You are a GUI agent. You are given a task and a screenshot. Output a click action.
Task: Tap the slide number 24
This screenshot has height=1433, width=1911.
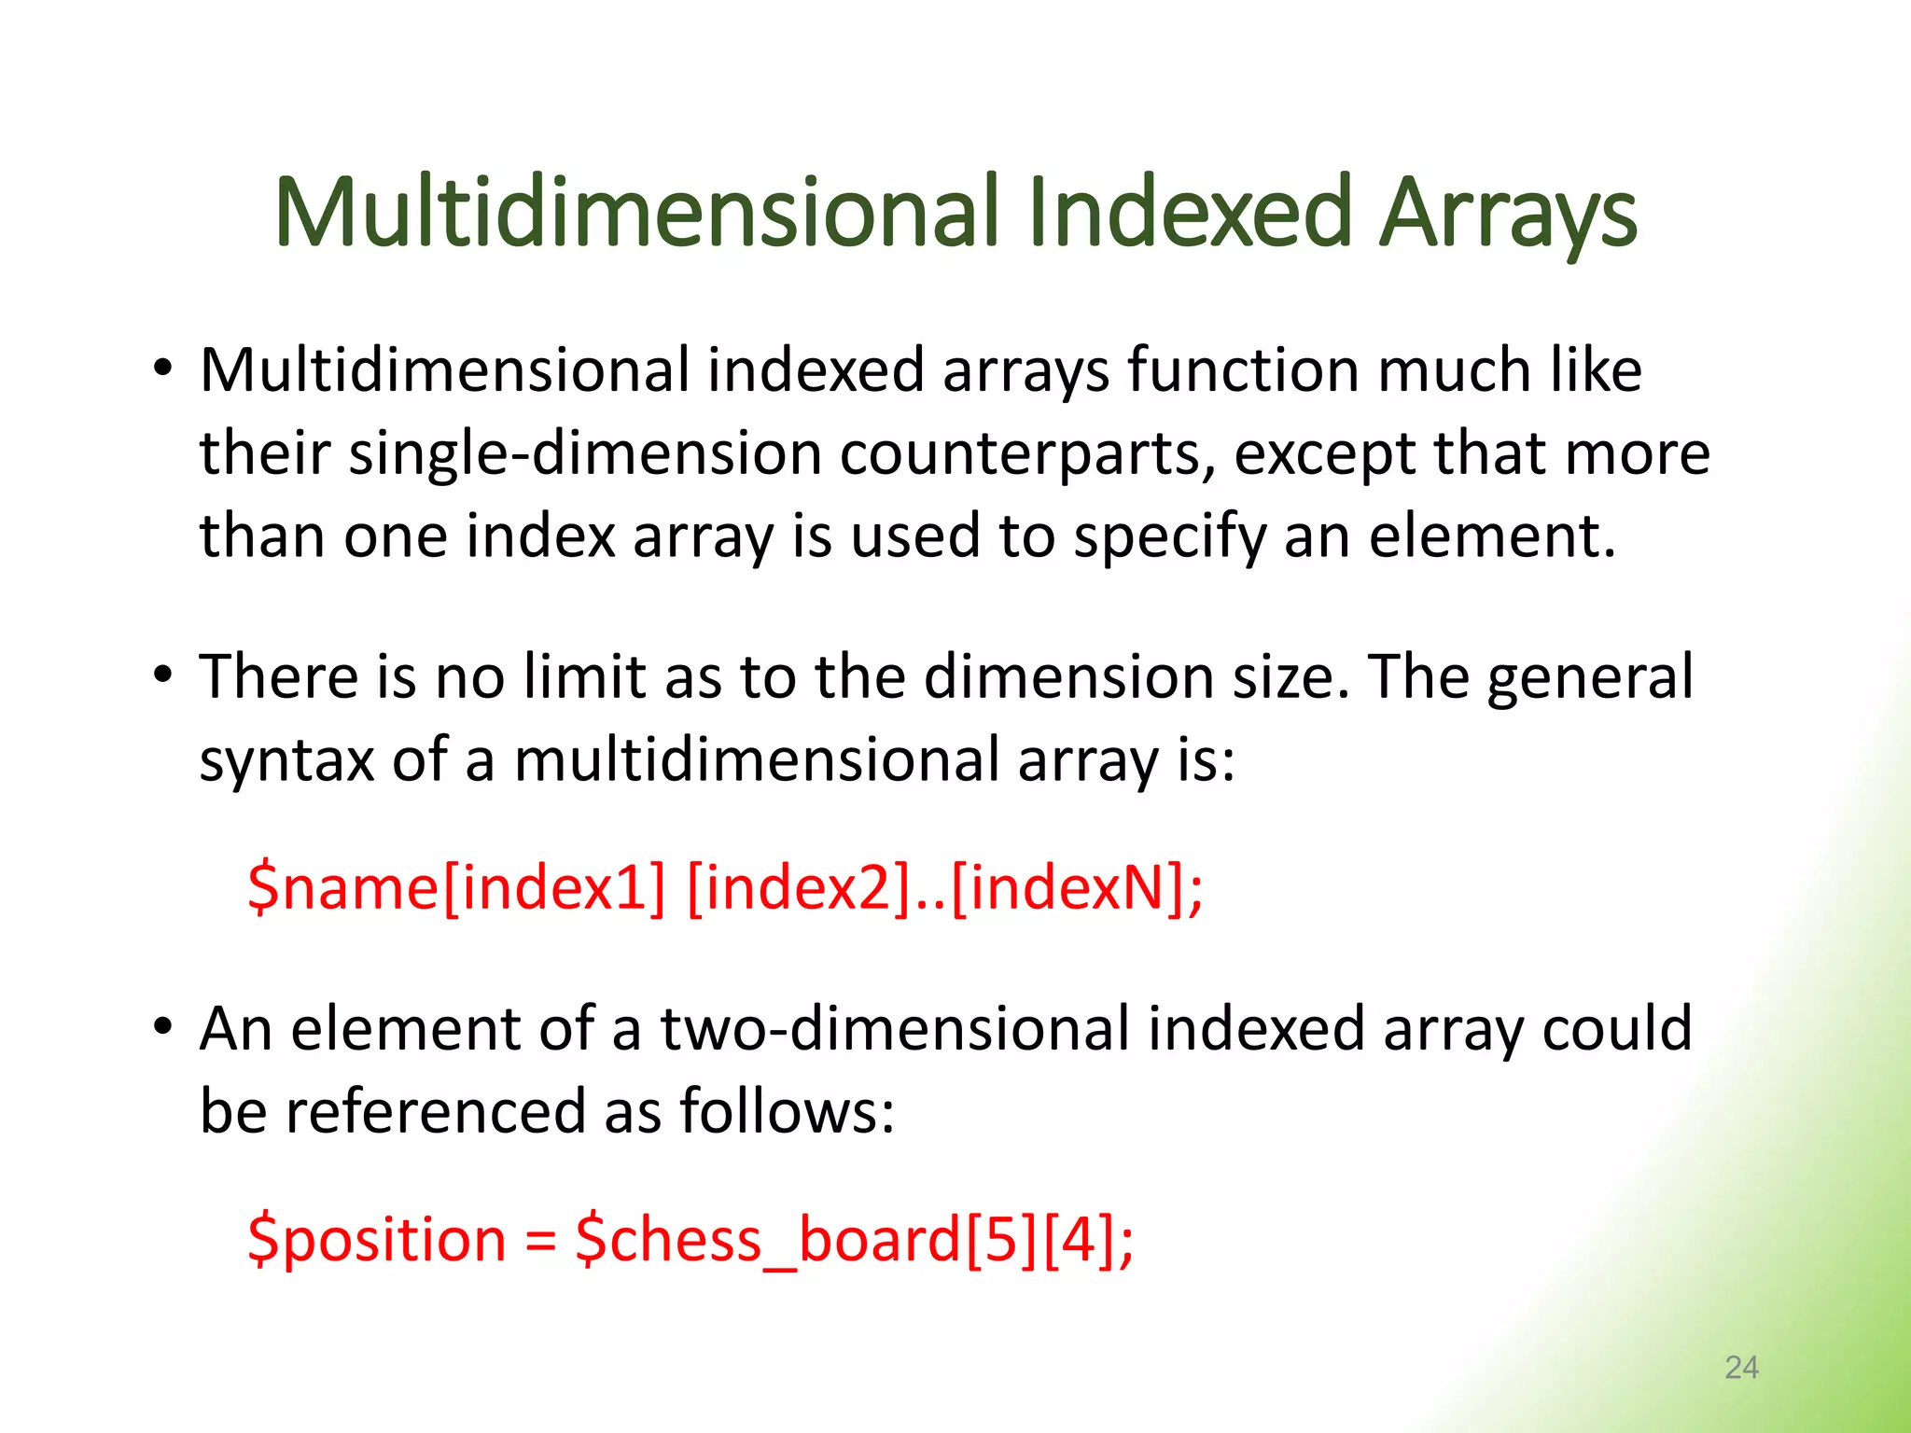click(1741, 1367)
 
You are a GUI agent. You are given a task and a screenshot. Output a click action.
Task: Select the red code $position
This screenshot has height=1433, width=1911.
click(377, 1240)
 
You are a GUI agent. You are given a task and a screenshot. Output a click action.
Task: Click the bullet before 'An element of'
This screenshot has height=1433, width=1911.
click(163, 1026)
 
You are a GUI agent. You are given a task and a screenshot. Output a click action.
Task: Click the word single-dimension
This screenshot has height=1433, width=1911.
click(584, 454)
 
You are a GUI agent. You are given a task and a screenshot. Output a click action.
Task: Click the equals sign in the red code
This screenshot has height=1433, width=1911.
click(540, 1242)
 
